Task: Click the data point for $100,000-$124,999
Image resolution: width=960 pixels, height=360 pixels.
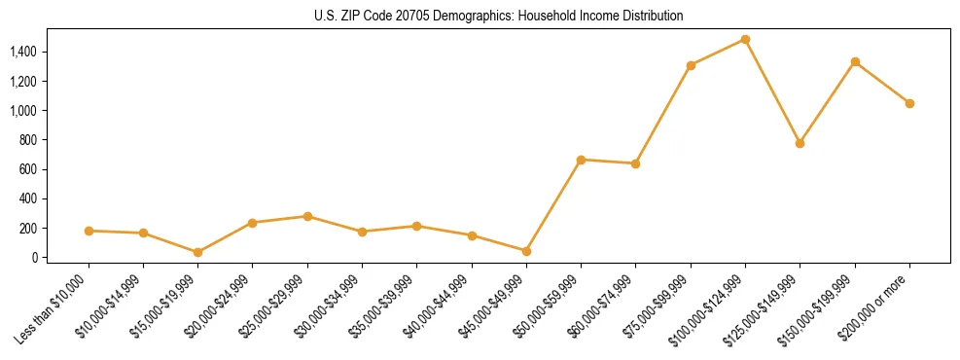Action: [745, 40]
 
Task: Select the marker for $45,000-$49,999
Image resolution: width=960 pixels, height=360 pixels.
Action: [526, 251]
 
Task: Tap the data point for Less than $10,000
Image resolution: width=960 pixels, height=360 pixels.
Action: [89, 231]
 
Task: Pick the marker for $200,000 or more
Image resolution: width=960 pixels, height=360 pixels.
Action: [909, 103]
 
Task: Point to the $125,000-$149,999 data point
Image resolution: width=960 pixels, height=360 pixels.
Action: [800, 143]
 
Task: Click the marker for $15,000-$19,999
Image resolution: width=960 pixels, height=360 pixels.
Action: [197, 252]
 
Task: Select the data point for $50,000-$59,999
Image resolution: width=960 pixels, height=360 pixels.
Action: [581, 160]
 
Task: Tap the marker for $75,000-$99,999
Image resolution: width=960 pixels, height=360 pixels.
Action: [691, 65]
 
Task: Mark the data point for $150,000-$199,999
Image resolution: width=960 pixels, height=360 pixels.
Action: [855, 61]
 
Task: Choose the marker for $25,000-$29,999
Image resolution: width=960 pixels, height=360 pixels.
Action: [307, 216]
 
